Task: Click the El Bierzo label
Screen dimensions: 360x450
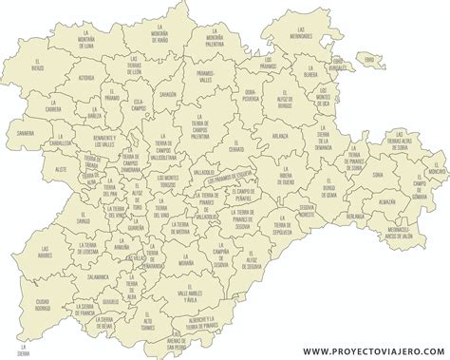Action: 37,68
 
